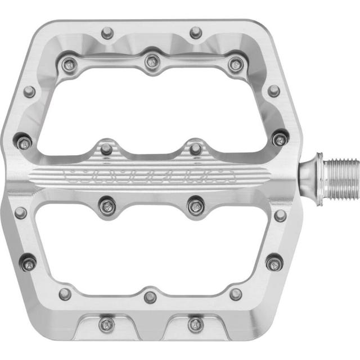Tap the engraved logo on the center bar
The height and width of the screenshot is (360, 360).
pos(149,175)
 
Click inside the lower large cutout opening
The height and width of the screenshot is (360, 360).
pos(149,247)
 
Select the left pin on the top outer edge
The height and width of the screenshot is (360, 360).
pos(106,33)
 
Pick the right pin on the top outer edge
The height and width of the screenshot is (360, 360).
pos(195,33)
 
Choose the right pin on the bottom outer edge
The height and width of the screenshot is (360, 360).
pos(195,324)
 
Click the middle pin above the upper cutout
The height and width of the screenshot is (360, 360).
pos(151,61)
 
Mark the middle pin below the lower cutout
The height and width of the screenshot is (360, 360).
pos(150,296)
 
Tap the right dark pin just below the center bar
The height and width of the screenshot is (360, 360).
pos(195,205)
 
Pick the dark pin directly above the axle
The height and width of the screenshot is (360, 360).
pos(278,138)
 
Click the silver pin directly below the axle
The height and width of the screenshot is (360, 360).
pos(280,215)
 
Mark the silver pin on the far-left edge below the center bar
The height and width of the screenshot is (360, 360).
pos(20,213)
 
